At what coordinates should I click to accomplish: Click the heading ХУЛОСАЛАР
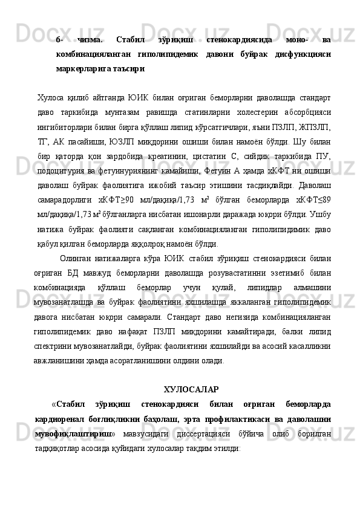(191, 389)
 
